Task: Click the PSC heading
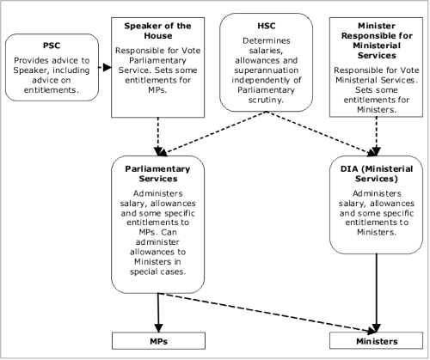(52, 46)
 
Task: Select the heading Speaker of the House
(157, 31)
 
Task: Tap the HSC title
(267, 26)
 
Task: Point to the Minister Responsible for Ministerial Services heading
(377, 40)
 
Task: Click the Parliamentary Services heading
(157, 174)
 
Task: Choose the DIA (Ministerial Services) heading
(377, 174)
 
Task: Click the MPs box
(158, 341)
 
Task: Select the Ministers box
(376, 341)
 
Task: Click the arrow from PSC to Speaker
(105, 68)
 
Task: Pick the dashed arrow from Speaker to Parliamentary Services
(158, 137)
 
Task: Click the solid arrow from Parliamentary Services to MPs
(158, 313)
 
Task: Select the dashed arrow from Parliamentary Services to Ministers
(267, 313)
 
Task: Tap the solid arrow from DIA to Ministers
(376, 293)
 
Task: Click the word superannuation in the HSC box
(267, 70)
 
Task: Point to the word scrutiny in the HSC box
(266, 101)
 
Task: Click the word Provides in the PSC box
(28, 60)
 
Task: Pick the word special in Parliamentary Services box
(143, 272)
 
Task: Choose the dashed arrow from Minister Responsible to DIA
(376, 137)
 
